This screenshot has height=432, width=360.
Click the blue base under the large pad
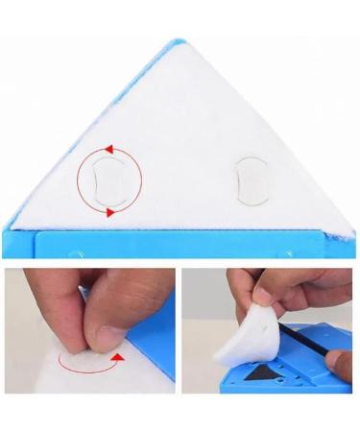(182, 242)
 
